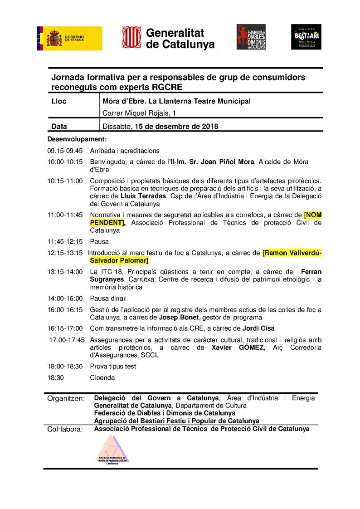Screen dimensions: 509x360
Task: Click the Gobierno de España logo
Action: [69, 38]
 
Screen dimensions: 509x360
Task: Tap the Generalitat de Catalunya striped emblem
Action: [131, 37]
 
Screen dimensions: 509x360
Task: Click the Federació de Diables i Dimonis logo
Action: [251, 37]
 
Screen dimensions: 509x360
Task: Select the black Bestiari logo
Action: [306, 37]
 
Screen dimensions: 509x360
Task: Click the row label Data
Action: [59, 127]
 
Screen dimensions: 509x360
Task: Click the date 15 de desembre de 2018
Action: [175, 127]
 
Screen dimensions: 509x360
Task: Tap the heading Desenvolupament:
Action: [77, 139]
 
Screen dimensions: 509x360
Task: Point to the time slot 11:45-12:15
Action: [65, 242]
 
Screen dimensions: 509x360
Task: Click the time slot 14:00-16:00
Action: [65, 299]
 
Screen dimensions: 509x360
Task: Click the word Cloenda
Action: [102, 377]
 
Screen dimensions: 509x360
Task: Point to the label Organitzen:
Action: [66, 399]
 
